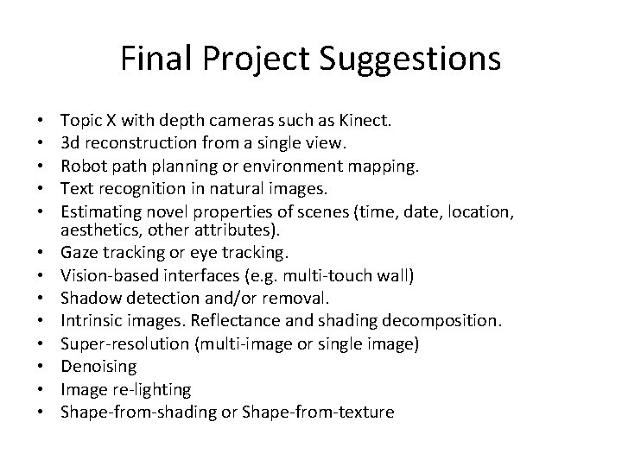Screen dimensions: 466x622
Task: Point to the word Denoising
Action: (x=98, y=367)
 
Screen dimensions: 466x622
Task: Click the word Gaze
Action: (x=77, y=253)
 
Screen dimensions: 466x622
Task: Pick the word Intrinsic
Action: (x=89, y=321)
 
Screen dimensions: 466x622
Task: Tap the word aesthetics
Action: (x=95, y=231)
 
